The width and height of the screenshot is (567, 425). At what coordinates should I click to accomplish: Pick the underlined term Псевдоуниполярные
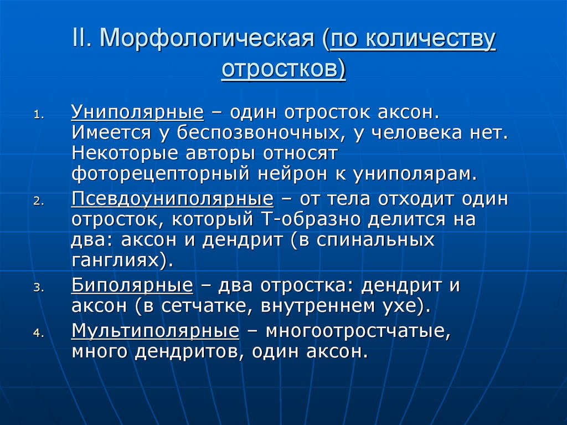[172, 199]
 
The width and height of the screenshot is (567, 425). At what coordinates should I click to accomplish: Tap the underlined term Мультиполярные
[155, 331]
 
